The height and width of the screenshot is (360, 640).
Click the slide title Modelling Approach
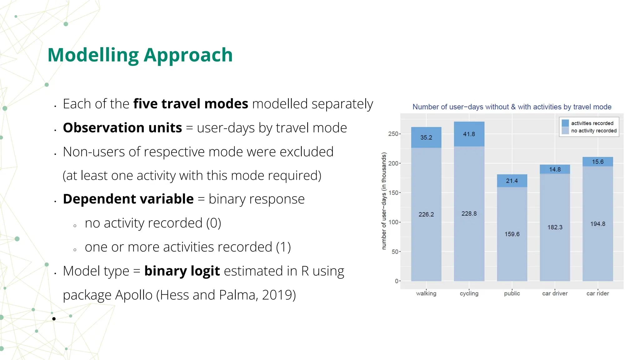[140, 55]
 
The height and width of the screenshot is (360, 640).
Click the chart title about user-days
[512, 107]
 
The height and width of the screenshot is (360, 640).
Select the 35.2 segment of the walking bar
[426, 137]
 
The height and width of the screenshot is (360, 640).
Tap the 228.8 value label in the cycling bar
[469, 214]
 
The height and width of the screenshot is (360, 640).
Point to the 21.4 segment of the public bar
[512, 181]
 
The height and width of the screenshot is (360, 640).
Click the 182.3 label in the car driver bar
[554, 227]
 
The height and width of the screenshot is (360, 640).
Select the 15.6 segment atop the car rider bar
[597, 162]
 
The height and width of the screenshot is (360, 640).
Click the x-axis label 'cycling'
[469, 293]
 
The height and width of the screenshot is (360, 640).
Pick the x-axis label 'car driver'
[554, 293]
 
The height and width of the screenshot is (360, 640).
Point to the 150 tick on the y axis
[393, 193]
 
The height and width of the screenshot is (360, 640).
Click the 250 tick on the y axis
[393, 134]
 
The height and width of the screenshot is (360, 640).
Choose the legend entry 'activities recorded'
[592, 123]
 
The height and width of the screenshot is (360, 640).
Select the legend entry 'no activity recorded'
[593, 131]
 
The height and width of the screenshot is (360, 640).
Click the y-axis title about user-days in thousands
[384, 201]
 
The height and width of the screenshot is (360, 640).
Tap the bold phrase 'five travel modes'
[191, 104]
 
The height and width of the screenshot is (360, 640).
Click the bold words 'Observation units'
[122, 128]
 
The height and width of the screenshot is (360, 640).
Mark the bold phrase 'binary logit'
[182, 271]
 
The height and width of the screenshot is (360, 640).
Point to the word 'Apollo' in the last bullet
[134, 295]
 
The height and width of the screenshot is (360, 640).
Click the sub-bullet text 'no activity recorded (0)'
[153, 223]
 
